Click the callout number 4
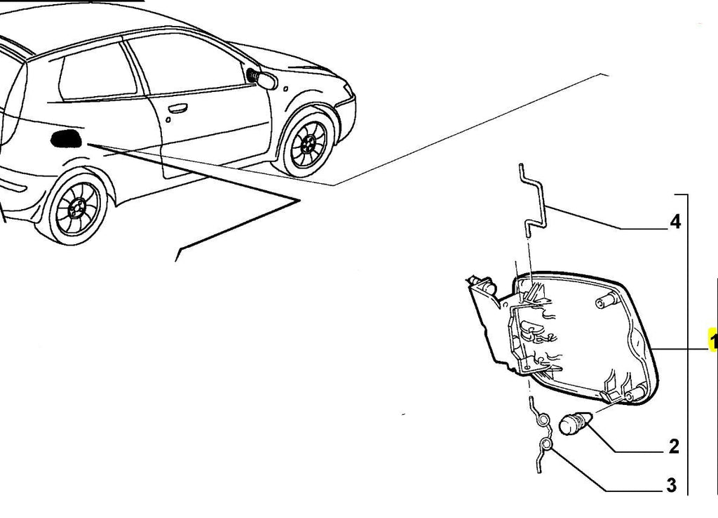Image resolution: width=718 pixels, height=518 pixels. (x=675, y=222)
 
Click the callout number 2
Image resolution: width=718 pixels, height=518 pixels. (x=674, y=446)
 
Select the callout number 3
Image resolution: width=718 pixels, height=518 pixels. (x=671, y=485)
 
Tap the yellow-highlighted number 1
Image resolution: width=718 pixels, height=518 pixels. (x=713, y=341)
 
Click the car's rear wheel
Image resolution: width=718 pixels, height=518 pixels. (x=76, y=208)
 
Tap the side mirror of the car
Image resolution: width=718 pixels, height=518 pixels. (x=263, y=79)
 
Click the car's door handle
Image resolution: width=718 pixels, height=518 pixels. (x=177, y=109)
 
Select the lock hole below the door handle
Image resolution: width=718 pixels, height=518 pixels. (x=168, y=120)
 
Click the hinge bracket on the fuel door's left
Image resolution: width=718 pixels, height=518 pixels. (x=491, y=317)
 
